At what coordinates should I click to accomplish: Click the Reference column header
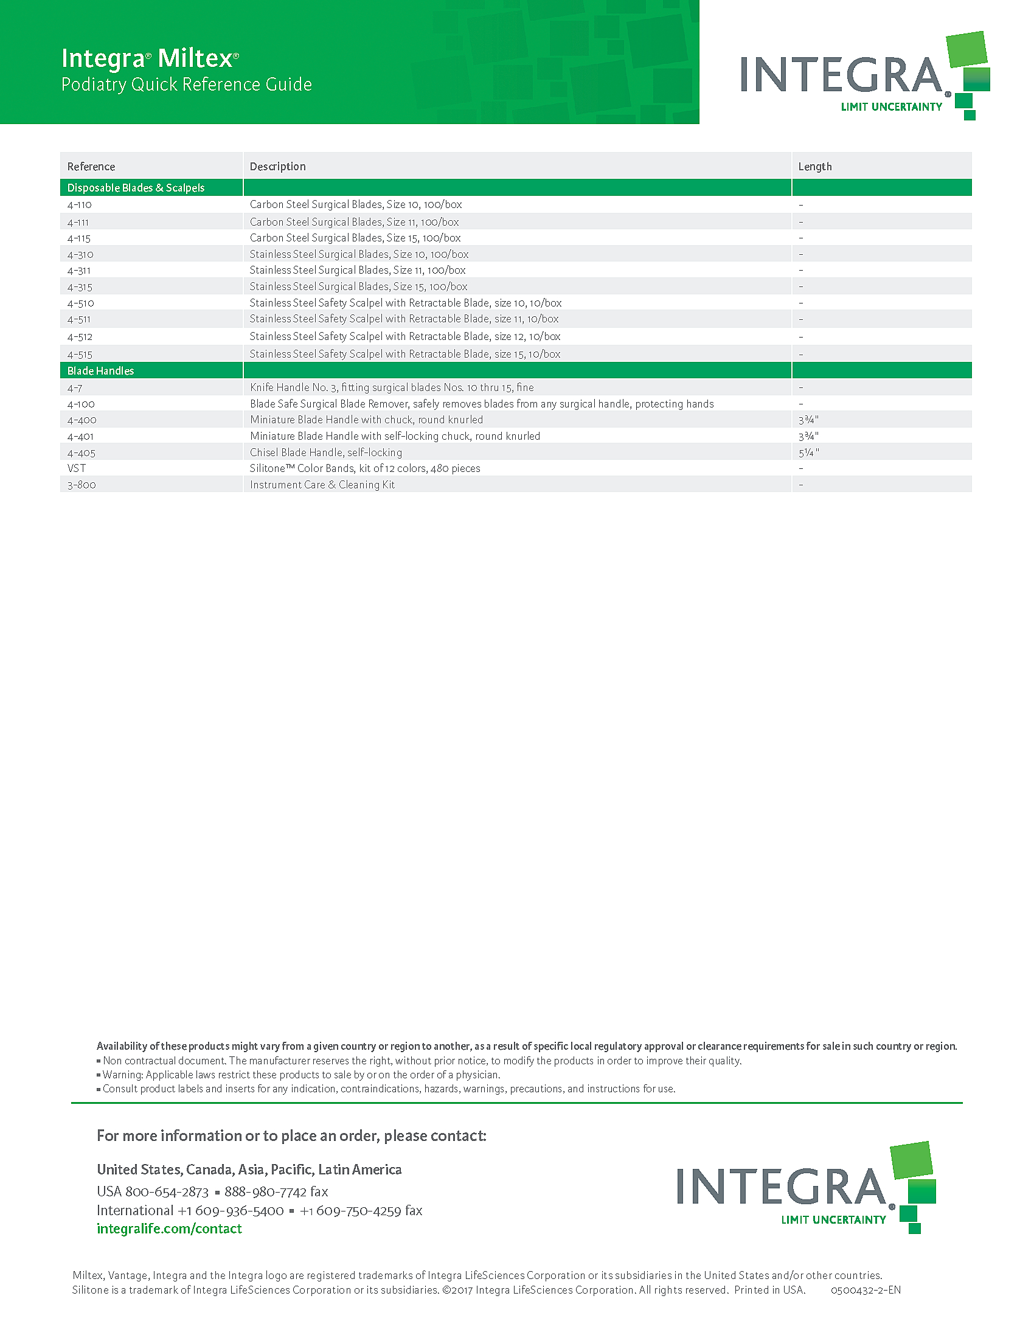tap(91, 167)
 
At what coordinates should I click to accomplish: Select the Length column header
tap(814, 167)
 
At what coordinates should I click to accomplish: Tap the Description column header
tap(277, 167)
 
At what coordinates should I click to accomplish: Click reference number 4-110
tap(80, 204)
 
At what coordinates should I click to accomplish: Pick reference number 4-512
tap(80, 337)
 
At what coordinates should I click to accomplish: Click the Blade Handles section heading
tap(100, 370)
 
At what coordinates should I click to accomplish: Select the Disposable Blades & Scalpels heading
tap(136, 188)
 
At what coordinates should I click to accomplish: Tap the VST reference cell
tap(77, 469)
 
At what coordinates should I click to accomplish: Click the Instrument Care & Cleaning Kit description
tap(322, 485)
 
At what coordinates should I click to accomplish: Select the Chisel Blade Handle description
tap(326, 452)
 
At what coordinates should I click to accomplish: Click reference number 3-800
tap(82, 485)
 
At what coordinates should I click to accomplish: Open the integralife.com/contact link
tap(169, 1229)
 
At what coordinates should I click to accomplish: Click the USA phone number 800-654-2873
tap(167, 1191)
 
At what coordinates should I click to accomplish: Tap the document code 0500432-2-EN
tap(866, 1290)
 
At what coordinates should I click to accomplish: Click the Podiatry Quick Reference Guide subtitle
tap(187, 85)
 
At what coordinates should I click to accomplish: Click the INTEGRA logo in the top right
tap(864, 77)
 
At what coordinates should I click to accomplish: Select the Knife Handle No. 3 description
tap(392, 388)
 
